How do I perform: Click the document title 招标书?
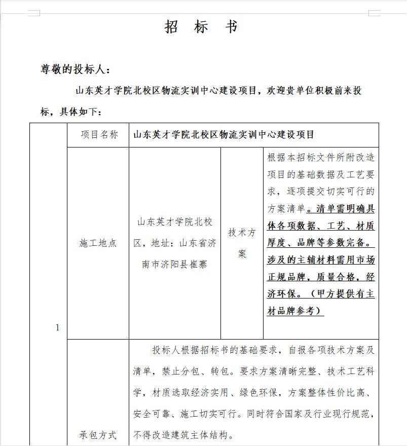pos(201,27)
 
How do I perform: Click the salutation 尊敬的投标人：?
pos(75,69)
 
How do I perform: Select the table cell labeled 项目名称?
pos(99,135)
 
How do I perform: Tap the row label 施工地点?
pos(98,243)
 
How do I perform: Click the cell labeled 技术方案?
pos(242,243)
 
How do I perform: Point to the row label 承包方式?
pos(98,434)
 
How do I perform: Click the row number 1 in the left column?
pos(57,327)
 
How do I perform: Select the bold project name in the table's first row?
pos(224,135)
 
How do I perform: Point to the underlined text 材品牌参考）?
pos(295,311)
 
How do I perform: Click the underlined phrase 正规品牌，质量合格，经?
pos(321,277)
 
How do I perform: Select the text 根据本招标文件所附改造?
pos(321,157)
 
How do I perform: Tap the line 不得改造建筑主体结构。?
pos(183,435)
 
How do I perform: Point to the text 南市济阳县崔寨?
pos(175,264)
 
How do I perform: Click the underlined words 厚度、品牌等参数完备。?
pos(321,242)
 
